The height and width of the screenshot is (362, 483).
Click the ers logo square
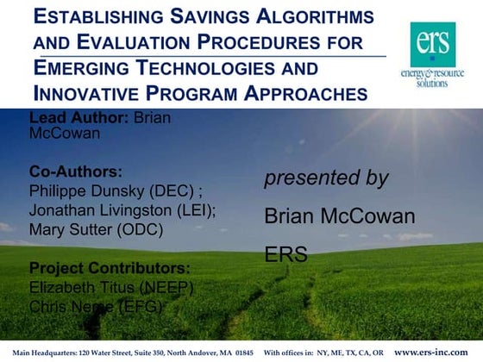pyautogui.click(x=431, y=42)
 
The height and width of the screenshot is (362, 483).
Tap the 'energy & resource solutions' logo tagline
pyautogui.click(x=432, y=78)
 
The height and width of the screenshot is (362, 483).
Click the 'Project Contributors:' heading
pyautogui.click(x=110, y=267)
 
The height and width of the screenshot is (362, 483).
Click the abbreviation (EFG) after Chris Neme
pyautogui.click(x=140, y=306)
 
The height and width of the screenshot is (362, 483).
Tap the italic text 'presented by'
pyautogui.click(x=326, y=178)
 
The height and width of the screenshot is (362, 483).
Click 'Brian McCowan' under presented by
pyautogui.click(x=339, y=216)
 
